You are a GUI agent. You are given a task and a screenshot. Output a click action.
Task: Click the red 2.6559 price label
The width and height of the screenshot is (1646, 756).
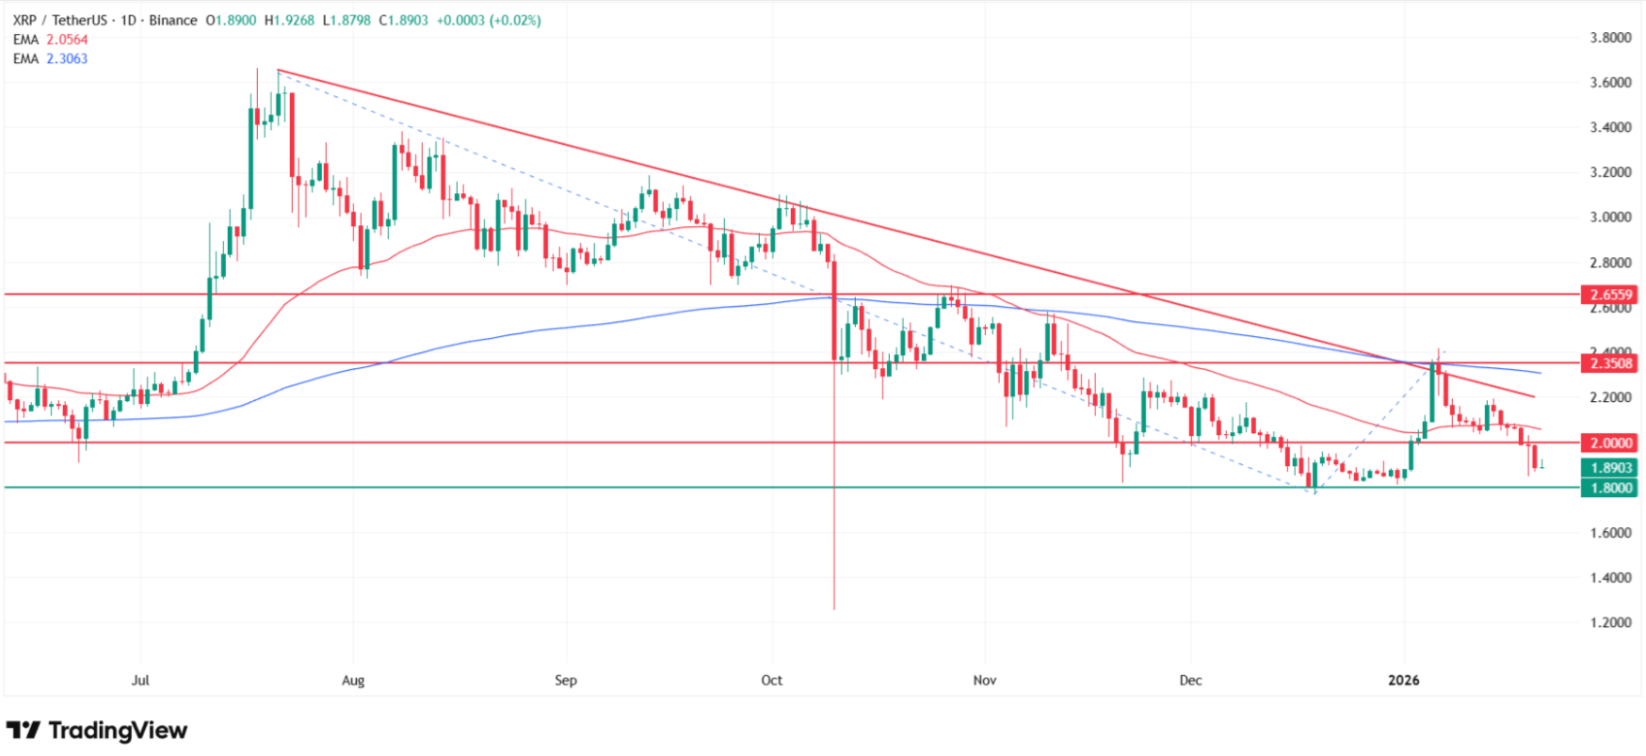click(1611, 295)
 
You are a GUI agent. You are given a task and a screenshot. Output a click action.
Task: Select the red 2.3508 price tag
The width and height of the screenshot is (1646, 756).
click(1611, 363)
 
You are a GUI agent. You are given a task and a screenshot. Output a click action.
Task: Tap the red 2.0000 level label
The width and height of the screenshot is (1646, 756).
click(1611, 443)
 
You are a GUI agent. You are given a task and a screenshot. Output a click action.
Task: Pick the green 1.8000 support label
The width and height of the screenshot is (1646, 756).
click(1611, 488)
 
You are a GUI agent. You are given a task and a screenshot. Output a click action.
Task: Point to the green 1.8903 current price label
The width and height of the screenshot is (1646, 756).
click(1611, 468)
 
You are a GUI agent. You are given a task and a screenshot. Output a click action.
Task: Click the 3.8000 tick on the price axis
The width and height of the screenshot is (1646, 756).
click(1610, 39)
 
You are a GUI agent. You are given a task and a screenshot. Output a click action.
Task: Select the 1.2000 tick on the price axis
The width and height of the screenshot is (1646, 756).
click(1610, 622)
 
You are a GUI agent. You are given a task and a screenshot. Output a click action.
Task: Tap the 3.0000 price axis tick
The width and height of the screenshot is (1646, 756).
click(1610, 217)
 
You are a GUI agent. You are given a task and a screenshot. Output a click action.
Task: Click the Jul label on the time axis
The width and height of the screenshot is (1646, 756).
click(140, 680)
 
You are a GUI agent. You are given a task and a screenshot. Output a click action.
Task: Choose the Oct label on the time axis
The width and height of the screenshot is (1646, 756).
click(771, 680)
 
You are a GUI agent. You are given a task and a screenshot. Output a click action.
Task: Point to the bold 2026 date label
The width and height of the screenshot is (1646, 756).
click(1404, 680)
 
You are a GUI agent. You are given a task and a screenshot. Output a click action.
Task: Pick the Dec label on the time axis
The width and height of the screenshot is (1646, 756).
click(1190, 680)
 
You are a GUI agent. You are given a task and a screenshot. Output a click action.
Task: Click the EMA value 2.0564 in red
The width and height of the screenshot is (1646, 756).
click(67, 40)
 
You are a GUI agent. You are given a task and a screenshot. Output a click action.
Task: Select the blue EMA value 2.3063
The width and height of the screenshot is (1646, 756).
click(67, 58)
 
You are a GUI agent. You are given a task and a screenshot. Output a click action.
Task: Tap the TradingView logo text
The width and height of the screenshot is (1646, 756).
click(118, 731)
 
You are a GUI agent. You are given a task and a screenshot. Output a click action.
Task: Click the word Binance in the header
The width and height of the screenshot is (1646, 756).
click(173, 20)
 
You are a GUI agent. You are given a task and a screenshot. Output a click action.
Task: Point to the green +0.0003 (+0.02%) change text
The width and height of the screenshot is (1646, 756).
click(489, 20)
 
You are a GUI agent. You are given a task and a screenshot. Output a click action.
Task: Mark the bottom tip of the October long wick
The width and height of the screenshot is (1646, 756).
click(834, 609)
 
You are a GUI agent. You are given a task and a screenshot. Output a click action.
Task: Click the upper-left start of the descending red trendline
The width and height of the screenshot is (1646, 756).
click(279, 71)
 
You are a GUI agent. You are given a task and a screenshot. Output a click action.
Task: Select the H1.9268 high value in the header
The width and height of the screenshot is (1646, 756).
click(289, 20)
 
